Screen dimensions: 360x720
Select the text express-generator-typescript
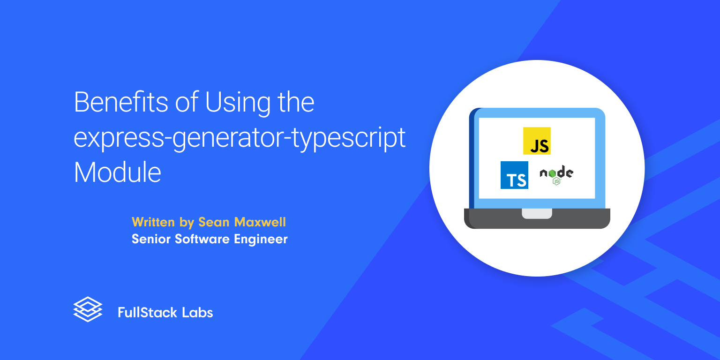pyautogui.click(x=240, y=138)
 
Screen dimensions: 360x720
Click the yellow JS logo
pyautogui.click(x=537, y=141)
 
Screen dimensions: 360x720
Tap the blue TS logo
pyautogui.click(x=514, y=175)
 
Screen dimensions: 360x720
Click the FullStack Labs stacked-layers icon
pyautogui.click(x=88, y=309)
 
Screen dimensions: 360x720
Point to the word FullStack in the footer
pyautogui.click(x=147, y=312)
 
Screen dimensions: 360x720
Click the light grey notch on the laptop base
pyautogui.click(x=537, y=214)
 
